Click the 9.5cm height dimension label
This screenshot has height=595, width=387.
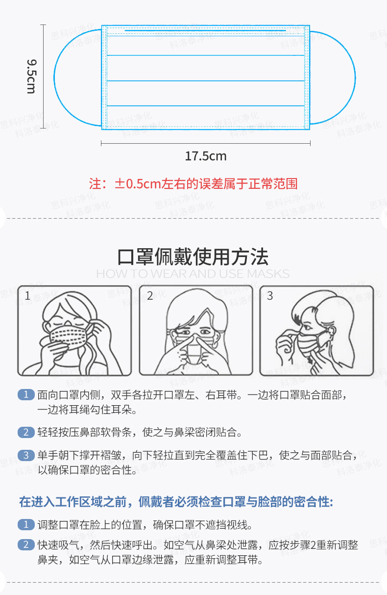31,77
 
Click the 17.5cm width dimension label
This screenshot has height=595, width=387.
206,156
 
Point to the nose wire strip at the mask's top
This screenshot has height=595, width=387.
205,30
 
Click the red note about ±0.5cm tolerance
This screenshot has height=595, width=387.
193,184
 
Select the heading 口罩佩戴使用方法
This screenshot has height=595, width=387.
193,257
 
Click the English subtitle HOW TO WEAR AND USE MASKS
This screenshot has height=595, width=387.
193,274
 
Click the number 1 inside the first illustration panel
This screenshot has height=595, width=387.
27,296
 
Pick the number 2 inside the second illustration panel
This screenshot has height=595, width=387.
150,296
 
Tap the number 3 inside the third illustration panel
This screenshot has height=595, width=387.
270,296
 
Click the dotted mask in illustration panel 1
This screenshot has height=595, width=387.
68,337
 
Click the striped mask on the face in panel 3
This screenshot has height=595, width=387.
309,343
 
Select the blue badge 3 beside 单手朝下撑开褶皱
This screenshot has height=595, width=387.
26,455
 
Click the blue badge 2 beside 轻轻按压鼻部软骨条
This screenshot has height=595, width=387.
26,433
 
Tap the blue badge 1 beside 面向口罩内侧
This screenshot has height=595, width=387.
26,395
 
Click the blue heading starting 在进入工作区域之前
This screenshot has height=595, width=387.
176,502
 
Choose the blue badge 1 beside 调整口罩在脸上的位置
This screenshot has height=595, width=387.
26,524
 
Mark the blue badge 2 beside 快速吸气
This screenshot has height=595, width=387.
26,545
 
